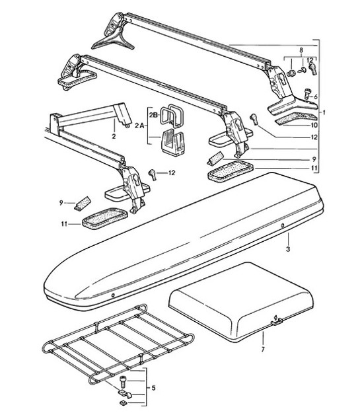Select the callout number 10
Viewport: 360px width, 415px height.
[x=314, y=124]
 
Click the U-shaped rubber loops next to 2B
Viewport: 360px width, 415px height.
[x=174, y=116]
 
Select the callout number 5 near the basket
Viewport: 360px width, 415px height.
[x=153, y=388]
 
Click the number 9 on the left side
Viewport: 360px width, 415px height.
[x=61, y=202]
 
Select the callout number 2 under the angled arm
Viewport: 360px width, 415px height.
[x=114, y=137]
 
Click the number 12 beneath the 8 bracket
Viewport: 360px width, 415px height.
[x=310, y=61]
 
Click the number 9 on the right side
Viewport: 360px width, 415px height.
[x=314, y=159]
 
